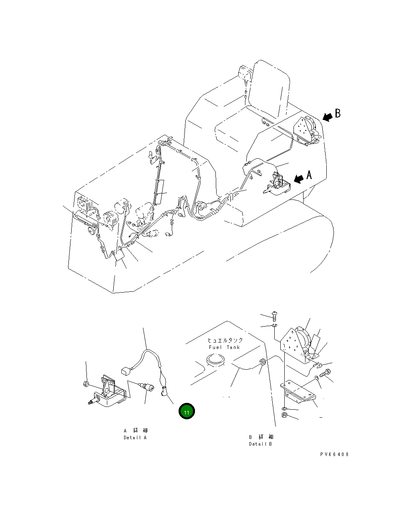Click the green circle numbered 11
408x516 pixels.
187,412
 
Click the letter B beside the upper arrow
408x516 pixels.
338,114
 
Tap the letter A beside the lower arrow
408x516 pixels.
309,175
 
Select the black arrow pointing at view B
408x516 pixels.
328,117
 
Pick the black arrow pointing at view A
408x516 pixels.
299,179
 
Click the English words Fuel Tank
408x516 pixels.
224,347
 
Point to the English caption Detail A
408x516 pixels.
135,438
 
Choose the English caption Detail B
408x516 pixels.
260,444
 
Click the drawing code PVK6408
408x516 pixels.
334,454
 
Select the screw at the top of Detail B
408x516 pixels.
275,316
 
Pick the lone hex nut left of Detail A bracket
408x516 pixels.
85,384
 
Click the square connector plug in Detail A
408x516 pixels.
125,371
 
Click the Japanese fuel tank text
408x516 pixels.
225,340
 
